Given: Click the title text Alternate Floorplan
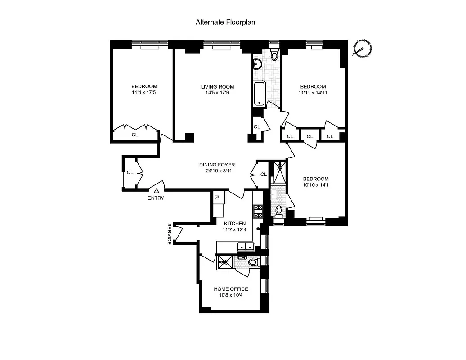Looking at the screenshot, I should (225, 22).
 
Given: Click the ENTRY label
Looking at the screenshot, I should (156, 198).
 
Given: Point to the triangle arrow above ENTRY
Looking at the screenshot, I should (156, 191).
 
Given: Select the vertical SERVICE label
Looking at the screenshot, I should (170, 234).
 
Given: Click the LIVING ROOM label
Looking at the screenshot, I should (217, 87).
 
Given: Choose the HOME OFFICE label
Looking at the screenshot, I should (231, 289).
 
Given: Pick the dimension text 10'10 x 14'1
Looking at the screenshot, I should (315, 184).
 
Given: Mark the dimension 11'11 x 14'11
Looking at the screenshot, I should (313, 94).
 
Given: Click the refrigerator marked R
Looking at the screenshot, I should (216, 197).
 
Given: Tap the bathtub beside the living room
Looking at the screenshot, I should (259, 94).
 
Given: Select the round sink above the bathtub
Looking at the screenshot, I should (257, 65).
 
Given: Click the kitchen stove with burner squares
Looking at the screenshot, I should (258, 211).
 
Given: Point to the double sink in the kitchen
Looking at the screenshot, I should (246, 246).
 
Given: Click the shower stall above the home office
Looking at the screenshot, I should (225, 262).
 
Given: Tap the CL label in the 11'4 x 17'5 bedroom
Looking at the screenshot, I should (135, 134).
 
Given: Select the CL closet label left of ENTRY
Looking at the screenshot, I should (130, 172).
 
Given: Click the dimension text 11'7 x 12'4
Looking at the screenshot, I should (234, 230).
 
